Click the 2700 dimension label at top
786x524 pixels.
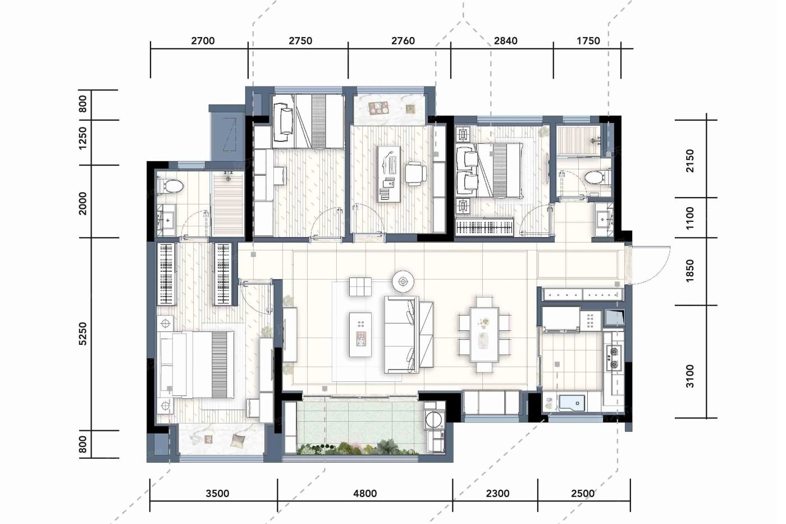(203, 41)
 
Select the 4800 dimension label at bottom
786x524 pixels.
(365, 494)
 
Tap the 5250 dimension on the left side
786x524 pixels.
(83, 334)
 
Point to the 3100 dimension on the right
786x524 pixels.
(690, 376)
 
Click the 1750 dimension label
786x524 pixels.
(588, 41)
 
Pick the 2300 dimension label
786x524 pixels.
(497, 494)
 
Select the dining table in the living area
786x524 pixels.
(484, 335)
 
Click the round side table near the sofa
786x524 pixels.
(403, 281)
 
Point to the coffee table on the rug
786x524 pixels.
(360, 335)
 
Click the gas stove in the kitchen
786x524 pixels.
(613, 358)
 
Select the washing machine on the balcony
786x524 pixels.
(434, 420)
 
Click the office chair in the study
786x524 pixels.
(415, 173)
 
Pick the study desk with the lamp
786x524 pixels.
(389, 174)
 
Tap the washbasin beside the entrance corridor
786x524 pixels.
(604, 220)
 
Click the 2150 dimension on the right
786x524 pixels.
(690, 161)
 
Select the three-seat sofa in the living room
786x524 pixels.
(409, 335)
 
